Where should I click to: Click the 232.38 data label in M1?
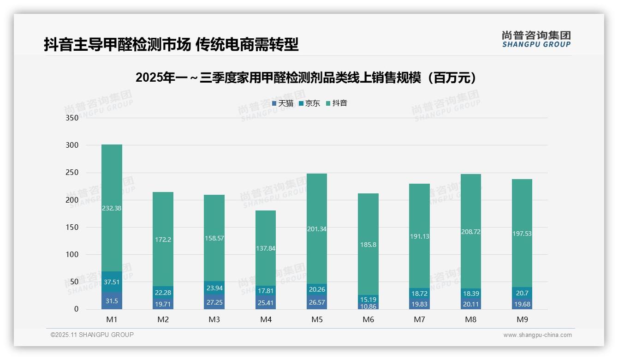coord(112,208)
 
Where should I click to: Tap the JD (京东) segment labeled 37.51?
coord(112,282)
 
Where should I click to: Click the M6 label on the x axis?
coord(368,319)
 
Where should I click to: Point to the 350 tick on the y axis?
coord(72,118)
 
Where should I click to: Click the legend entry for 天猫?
coord(282,103)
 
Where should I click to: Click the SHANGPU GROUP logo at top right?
coord(536,39)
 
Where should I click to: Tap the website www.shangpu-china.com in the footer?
coord(537,335)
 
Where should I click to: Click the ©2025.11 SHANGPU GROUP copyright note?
coord(92,335)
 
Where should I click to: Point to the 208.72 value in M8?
coord(471,232)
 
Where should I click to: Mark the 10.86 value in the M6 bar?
coord(368,306)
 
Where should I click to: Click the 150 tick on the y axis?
coord(72,227)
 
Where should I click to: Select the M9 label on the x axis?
coord(522,319)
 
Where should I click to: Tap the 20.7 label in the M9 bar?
coord(522,293)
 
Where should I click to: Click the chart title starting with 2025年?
coord(306,78)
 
